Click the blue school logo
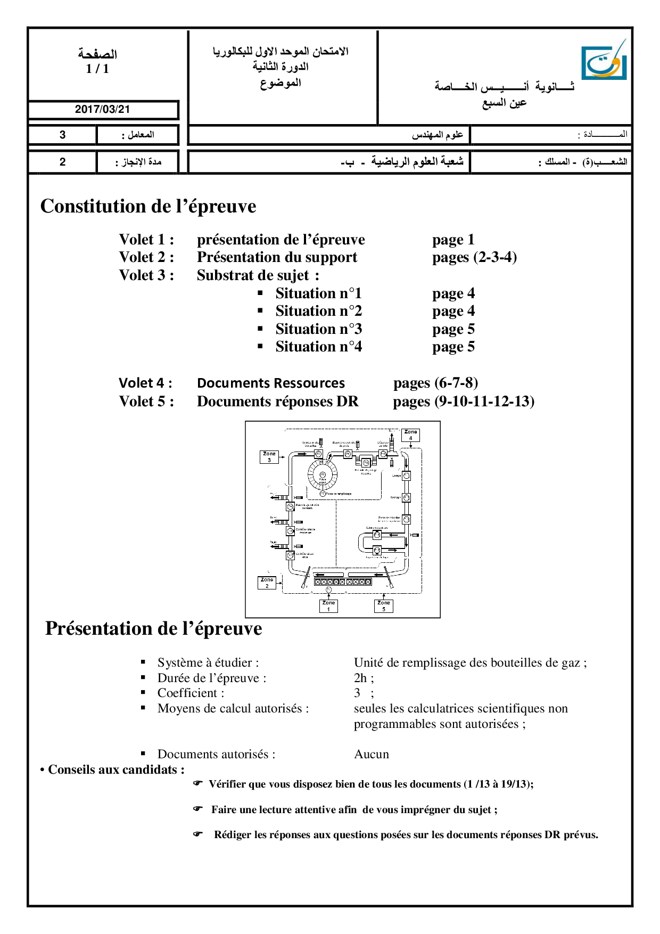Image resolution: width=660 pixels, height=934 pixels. click(604, 61)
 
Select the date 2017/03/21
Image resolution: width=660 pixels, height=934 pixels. click(102, 109)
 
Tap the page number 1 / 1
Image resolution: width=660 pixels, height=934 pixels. click(97, 69)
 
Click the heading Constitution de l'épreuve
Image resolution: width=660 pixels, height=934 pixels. click(148, 206)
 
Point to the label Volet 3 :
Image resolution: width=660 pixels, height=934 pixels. click(146, 275)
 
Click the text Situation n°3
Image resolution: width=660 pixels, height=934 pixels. click(318, 329)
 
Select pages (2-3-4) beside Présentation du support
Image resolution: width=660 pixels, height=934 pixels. click(474, 257)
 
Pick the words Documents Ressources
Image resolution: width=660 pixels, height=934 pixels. click(270, 383)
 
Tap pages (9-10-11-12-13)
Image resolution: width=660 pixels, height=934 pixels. click(464, 402)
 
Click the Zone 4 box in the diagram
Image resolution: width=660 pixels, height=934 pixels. click(410, 435)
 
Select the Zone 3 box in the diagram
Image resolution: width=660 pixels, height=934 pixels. click(269, 457)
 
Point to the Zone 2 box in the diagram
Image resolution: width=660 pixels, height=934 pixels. click(267, 583)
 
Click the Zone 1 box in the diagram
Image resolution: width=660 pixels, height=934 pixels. click(328, 605)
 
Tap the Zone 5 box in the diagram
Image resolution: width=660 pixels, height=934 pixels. click(383, 605)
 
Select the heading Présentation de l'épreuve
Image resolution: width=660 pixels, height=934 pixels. click(153, 628)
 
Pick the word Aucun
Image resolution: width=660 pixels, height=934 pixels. click(372, 754)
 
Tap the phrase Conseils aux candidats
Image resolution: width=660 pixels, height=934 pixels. click(116, 769)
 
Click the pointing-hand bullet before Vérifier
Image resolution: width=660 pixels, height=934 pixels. click(198, 783)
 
